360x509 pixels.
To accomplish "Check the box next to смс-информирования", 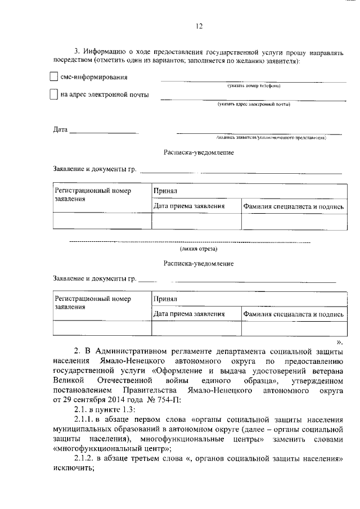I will click(54, 76).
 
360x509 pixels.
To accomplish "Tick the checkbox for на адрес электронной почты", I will click(54, 94).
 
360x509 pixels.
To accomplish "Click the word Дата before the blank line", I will click(60, 130).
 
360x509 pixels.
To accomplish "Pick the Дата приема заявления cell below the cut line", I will click(190, 314).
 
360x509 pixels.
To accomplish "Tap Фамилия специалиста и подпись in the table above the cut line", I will click(293, 206).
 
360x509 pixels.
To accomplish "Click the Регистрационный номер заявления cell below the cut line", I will click(92, 303).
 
